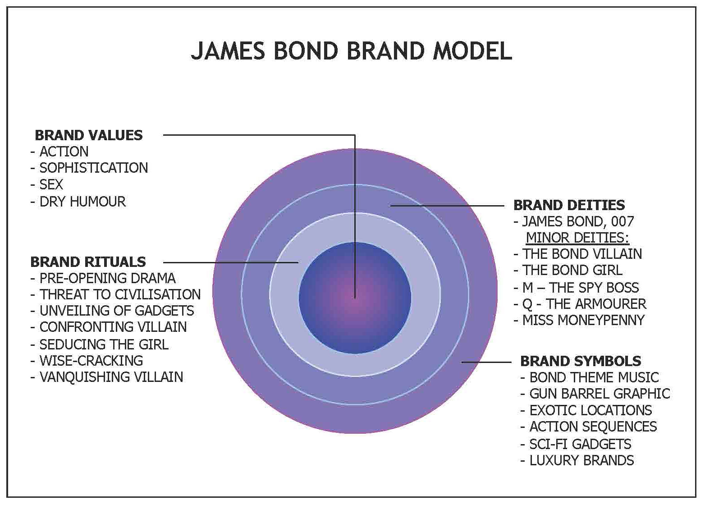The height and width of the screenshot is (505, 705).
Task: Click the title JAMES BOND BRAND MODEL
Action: coord(351,50)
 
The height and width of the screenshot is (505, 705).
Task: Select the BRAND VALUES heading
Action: coord(88,135)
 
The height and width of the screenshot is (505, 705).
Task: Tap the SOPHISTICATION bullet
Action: coord(93,168)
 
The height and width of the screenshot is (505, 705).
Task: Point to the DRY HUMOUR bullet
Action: coord(82,201)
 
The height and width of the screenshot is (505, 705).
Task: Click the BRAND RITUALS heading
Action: coord(88,262)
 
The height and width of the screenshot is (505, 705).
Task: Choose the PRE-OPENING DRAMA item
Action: coord(107,278)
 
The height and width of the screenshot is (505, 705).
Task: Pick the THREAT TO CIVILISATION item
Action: coord(119,294)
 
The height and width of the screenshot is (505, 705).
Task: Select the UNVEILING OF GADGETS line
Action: coord(116,311)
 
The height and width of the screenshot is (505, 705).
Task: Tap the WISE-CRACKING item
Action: coord(91,360)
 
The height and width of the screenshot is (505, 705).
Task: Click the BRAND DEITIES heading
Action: coord(569,205)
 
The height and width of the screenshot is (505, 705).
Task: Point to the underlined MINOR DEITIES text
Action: coord(577,237)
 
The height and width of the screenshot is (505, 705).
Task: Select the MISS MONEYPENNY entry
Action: coord(583,320)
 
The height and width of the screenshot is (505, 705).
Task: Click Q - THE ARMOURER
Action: coord(584,304)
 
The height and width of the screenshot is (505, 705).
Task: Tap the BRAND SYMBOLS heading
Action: coord(581,361)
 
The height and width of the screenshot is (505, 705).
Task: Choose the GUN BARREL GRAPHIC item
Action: coord(600,394)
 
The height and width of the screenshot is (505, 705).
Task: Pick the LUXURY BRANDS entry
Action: coord(581,460)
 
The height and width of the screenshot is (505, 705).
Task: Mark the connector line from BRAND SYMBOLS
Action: coord(486,362)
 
